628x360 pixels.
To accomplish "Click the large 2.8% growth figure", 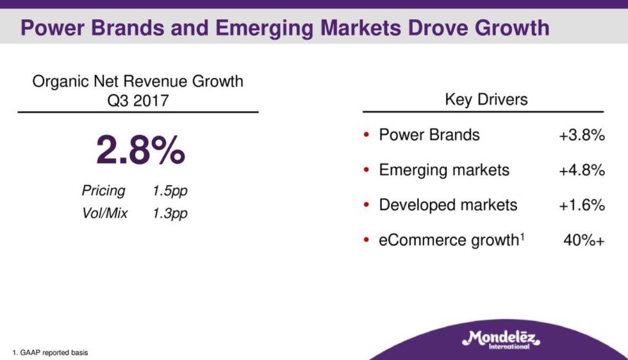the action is (x=140, y=150).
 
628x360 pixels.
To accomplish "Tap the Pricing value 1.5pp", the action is (x=170, y=191).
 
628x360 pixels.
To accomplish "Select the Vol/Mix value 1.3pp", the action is (x=170, y=213).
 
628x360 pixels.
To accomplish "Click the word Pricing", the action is (x=104, y=191).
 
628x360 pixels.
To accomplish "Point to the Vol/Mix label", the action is (x=104, y=213).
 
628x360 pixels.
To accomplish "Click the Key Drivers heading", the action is (x=486, y=100).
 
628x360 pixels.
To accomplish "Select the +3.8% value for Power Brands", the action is (x=582, y=135).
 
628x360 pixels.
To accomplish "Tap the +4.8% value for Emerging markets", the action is (x=582, y=170).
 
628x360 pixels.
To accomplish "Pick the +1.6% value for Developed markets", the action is (x=582, y=206).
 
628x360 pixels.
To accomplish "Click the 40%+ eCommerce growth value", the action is (x=584, y=240).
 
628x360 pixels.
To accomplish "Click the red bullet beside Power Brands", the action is (x=366, y=135).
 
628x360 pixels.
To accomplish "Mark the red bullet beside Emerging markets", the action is (x=366, y=170).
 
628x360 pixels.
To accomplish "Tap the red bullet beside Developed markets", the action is (x=366, y=205).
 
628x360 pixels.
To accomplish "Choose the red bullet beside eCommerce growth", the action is (x=366, y=240).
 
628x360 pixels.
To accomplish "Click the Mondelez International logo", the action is (x=501, y=340).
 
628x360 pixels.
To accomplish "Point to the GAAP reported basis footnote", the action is (x=50, y=353).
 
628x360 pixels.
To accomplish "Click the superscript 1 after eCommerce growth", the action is (x=522, y=236).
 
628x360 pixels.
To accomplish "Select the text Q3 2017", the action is (x=138, y=101).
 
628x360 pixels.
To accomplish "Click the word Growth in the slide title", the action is (x=512, y=28).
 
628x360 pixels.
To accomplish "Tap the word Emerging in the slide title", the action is (x=264, y=28).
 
